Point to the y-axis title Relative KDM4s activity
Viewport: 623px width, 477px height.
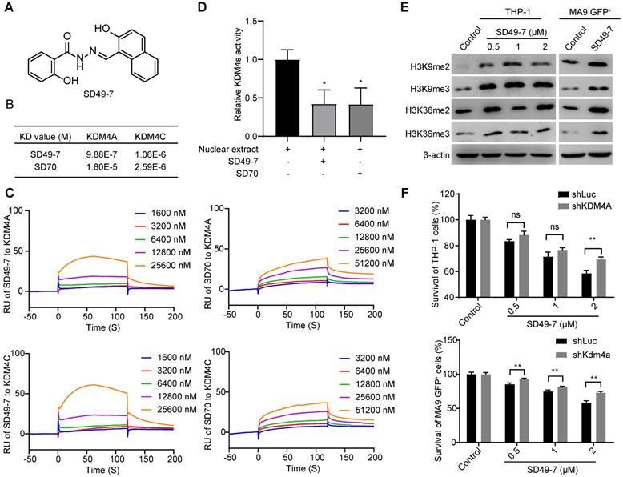(239, 78)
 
